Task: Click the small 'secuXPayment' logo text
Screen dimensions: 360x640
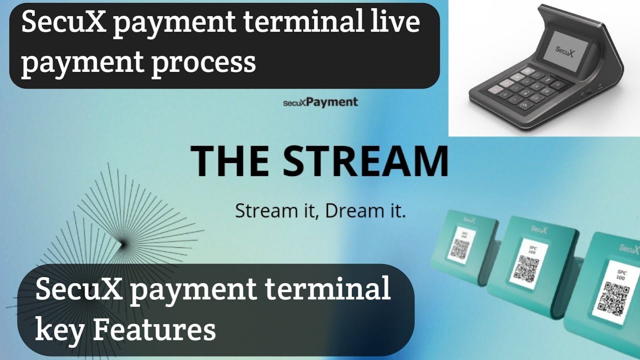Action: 320,102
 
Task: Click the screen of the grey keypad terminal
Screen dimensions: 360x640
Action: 566,50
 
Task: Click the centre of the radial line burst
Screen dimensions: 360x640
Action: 121,243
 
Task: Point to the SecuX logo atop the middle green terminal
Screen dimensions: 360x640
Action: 539,228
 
